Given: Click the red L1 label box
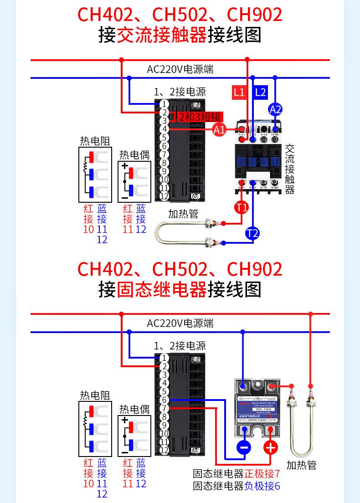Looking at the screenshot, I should coord(239,92).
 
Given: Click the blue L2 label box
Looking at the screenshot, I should coord(260,92).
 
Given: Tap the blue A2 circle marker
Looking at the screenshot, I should coord(275,109).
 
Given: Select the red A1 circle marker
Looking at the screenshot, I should coord(219,130).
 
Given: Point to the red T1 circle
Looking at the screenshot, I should coord(242,208).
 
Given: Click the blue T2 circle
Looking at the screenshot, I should coord(252,234).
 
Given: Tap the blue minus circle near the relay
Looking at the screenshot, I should coord(244,448).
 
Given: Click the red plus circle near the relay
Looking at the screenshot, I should coord(271,448).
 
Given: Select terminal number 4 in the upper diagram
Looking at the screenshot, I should coord(165,129).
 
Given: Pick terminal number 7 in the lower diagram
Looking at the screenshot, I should coord(165,408).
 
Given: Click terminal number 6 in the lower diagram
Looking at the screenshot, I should coord(165,400).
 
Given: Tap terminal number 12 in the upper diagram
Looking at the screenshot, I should coord(165,196).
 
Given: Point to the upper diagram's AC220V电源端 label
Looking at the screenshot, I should coord(180,69).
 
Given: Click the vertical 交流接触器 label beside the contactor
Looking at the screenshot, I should coord(290,169).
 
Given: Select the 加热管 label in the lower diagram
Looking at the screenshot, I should coord(301,465).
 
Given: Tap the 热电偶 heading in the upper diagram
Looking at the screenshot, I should coord(134,154).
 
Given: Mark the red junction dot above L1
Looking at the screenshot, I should coord(247,59).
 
